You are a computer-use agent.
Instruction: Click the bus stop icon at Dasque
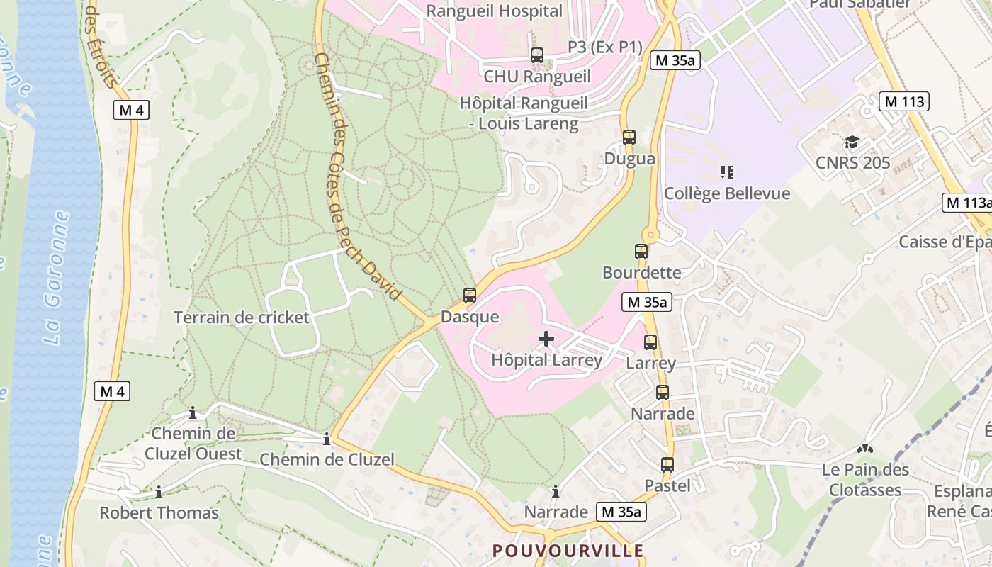point(469,296)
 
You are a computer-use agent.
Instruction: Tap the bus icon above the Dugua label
point(629,137)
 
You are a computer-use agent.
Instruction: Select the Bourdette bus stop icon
point(641,252)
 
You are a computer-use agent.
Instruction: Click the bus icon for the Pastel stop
point(667,465)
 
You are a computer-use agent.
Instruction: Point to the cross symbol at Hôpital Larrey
point(546,339)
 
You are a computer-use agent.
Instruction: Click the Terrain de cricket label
point(242,317)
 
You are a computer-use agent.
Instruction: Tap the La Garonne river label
point(56,278)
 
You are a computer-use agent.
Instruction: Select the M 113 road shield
point(904,101)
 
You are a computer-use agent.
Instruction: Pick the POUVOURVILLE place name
point(568,551)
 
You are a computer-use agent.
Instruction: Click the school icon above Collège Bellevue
point(726,172)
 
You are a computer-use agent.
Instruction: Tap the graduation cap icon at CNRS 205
point(852,142)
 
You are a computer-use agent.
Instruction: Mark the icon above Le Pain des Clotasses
point(864,449)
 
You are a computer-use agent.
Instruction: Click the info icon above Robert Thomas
point(159,491)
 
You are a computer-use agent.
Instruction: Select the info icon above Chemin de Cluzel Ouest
point(193,412)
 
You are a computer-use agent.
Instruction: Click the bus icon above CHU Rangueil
point(537,55)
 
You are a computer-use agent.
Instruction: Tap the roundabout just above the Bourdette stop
point(650,235)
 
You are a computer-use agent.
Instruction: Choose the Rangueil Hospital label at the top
point(494,11)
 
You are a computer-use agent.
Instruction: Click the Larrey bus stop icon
point(650,342)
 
